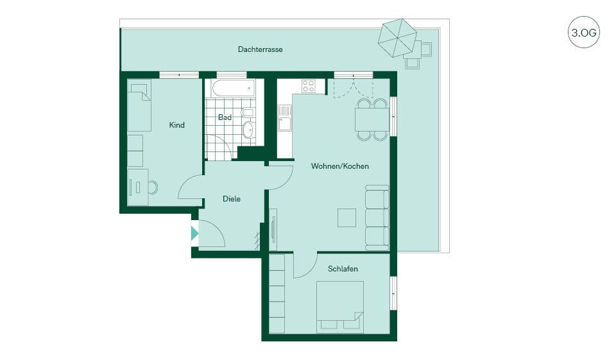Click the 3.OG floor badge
click(584, 32)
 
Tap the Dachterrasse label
click(260, 49)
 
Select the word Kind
click(177, 125)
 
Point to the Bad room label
click(225, 117)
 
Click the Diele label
click(232, 199)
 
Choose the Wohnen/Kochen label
click(340, 166)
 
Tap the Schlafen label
click(343, 269)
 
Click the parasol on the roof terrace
click(397, 38)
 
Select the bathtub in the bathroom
click(234, 88)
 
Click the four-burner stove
click(309, 86)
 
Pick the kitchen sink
click(284, 118)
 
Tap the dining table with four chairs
click(372, 119)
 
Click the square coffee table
click(347, 218)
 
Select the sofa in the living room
click(377, 218)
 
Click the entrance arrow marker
click(194, 234)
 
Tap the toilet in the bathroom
click(248, 113)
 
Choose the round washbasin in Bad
click(248, 130)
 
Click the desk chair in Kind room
click(153, 187)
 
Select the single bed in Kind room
click(139, 105)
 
